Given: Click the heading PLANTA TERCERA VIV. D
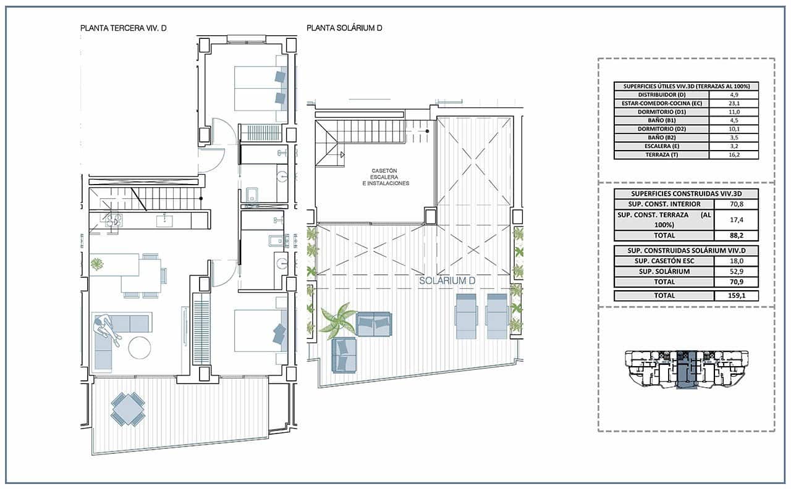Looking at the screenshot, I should click(x=124, y=28).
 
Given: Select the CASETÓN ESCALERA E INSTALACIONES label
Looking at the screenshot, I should click(x=386, y=177).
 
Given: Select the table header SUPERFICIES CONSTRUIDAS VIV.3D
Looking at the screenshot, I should click(x=686, y=194).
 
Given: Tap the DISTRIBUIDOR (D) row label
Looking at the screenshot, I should click(x=662, y=94).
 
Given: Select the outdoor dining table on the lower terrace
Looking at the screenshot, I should click(x=128, y=409).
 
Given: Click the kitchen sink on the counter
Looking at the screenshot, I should click(x=164, y=220).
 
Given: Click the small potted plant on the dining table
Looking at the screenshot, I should click(x=97, y=264).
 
